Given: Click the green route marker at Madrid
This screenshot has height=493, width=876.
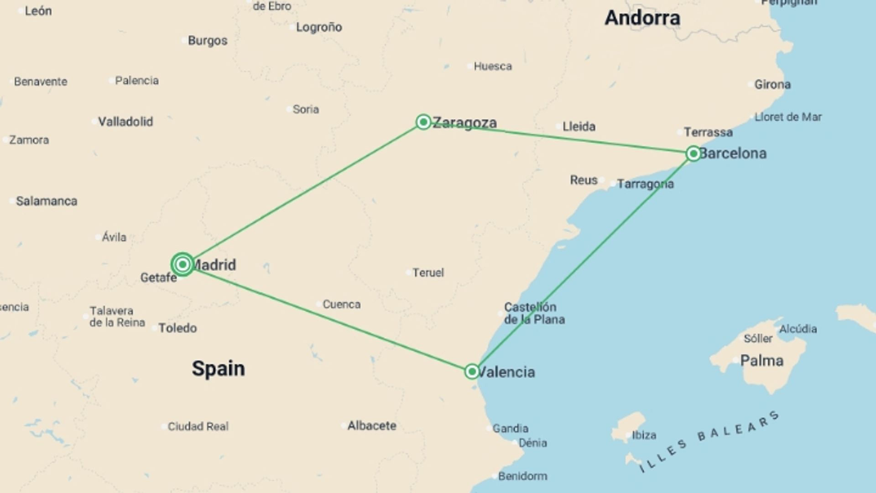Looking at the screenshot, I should (182, 264).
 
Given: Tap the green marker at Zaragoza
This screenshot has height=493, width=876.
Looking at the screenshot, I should (423, 122).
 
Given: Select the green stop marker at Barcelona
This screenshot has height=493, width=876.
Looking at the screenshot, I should (693, 153).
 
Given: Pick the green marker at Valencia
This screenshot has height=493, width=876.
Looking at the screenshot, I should (472, 371).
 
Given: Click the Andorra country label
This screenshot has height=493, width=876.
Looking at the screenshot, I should (642, 18).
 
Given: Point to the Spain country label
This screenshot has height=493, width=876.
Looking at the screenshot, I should (218, 368).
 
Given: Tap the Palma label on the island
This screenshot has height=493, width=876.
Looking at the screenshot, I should (761, 361).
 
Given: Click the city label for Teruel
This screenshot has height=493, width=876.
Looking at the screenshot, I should (428, 273).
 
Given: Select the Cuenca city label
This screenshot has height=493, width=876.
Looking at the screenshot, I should (341, 304).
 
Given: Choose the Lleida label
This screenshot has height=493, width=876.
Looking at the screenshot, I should (579, 126).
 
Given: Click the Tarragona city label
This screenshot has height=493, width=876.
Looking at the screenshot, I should (645, 184).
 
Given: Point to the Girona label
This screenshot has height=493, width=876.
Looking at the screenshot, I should (772, 84).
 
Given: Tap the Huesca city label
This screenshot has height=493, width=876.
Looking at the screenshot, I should (492, 67).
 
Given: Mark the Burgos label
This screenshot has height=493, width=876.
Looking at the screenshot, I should (208, 41).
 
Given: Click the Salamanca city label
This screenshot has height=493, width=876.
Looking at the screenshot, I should (47, 201).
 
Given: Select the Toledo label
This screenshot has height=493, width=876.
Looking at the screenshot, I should (177, 328).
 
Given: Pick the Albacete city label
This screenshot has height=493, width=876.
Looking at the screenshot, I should (371, 426).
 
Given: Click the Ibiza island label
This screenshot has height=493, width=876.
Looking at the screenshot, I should (644, 435).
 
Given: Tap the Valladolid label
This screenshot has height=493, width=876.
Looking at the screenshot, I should (125, 122).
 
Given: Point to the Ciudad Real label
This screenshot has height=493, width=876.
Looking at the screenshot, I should (198, 426).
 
